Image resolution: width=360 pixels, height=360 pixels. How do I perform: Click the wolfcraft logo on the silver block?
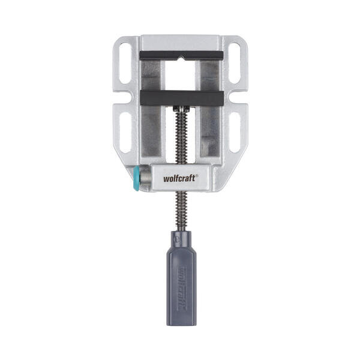point(180,178)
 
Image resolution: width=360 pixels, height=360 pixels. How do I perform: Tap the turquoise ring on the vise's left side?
point(136,179)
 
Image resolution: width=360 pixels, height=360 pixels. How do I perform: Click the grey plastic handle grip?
point(181,278)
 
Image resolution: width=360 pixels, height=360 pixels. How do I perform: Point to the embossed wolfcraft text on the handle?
point(182,288)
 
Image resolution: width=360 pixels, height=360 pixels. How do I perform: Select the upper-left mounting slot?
point(125,63)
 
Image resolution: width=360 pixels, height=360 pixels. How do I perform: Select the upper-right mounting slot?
point(235,63)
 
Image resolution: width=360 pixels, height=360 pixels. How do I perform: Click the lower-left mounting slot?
point(125,133)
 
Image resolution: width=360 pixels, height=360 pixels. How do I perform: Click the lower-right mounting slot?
point(235,133)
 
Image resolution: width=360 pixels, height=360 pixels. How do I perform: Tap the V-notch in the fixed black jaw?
point(181,57)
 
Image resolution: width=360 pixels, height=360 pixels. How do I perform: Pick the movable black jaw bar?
point(182,98)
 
